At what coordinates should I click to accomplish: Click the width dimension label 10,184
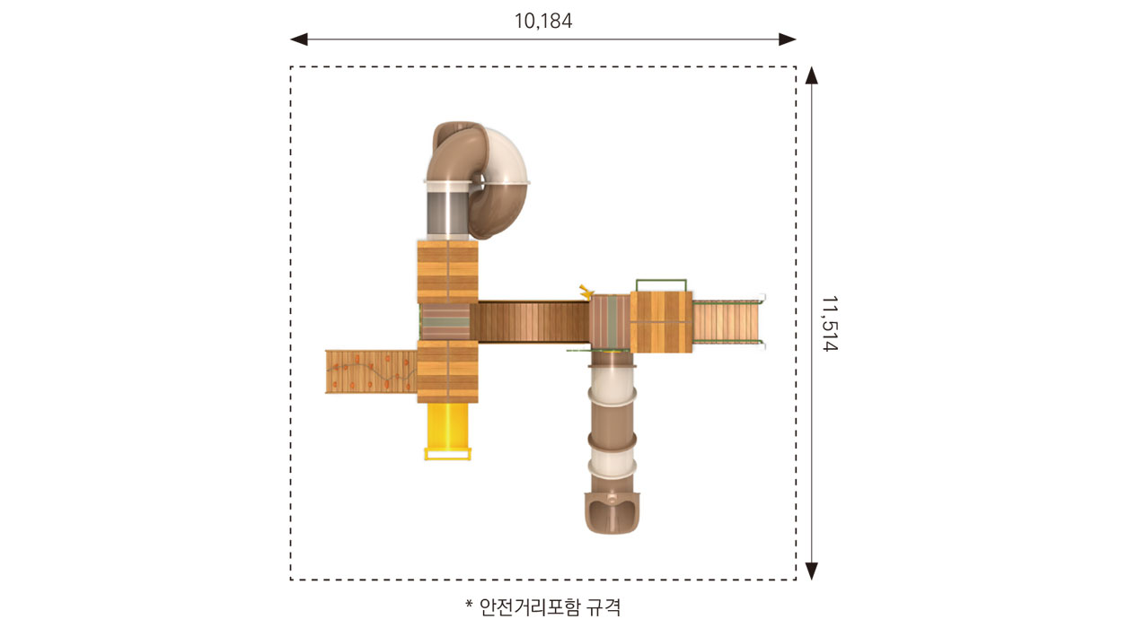[x=542, y=22]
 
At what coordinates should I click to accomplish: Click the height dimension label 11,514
[x=829, y=324]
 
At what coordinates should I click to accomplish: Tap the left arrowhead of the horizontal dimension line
[x=299, y=39]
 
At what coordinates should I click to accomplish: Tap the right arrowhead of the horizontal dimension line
[x=787, y=39]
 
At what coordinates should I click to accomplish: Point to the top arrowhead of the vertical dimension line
[x=811, y=75]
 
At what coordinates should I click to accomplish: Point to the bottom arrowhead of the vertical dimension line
[x=811, y=571]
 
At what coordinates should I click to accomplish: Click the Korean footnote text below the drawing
[x=550, y=606]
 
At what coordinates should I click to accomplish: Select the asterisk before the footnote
[x=469, y=603]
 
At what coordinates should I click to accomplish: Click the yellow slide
[x=447, y=432]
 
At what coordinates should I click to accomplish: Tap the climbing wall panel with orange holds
[x=371, y=371]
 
